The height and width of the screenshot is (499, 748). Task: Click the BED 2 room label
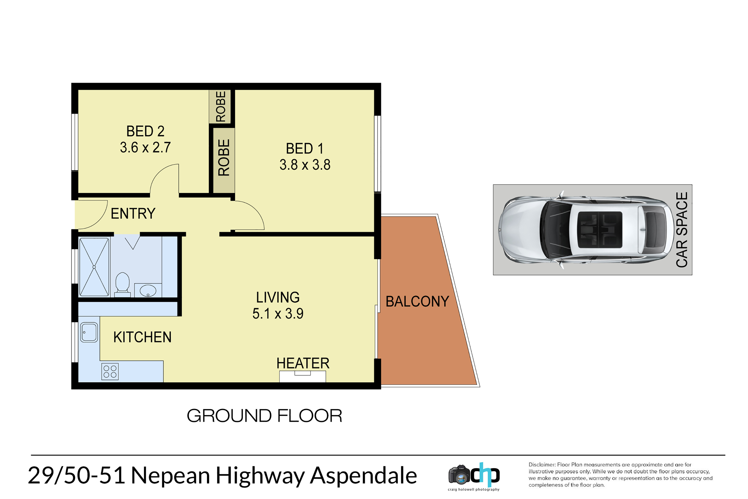145,131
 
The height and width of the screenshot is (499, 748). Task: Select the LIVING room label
278,297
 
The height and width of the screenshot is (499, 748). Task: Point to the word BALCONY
417,301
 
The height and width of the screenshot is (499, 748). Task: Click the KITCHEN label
142,337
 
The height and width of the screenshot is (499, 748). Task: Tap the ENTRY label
133,213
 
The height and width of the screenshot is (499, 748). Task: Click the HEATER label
303,363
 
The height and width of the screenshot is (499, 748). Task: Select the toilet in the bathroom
122,284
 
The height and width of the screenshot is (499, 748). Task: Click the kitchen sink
89,332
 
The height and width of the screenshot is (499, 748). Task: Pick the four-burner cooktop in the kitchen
110,372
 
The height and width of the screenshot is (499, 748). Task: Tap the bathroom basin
148,291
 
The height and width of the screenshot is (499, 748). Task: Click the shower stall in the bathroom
94,267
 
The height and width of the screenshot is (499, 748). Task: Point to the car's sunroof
600,230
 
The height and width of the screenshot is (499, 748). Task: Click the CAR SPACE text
682,230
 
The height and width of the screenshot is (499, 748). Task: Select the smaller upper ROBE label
221,107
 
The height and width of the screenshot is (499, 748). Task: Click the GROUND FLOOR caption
264,416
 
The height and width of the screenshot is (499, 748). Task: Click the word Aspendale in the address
363,476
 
